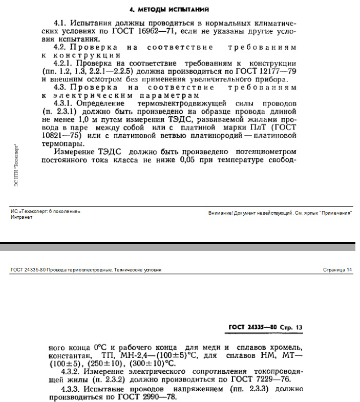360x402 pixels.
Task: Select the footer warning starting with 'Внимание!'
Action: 280,213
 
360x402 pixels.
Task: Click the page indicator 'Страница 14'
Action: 338,270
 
